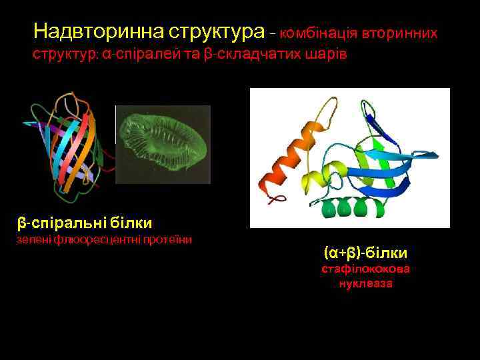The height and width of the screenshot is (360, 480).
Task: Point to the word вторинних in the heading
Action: pyautogui.click(x=400, y=33)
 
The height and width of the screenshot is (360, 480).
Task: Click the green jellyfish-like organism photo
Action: pyautogui.click(x=164, y=143)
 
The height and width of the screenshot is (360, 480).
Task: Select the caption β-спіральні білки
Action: pyautogui.click(x=84, y=222)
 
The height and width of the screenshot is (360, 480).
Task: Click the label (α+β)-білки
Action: pyautogui.click(x=365, y=253)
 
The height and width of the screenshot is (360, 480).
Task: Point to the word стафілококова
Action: pyautogui.click(x=365, y=269)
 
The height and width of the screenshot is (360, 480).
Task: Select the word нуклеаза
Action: pyautogui.click(x=365, y=283)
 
